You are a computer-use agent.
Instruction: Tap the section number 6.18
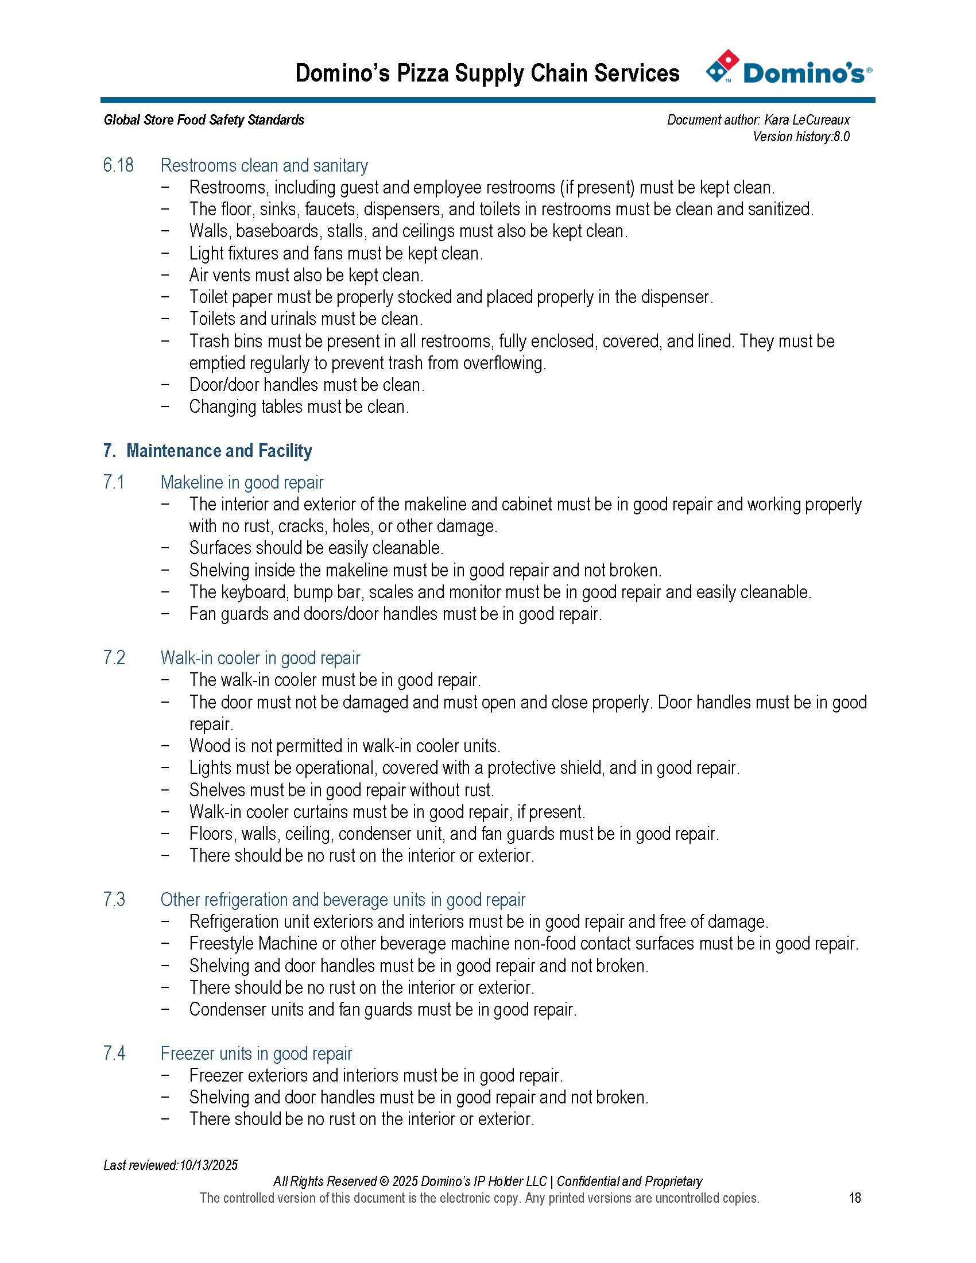coord(118,165)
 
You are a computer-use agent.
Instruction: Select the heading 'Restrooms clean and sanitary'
coord(264,165)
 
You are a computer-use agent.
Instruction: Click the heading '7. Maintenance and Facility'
coord(208,451)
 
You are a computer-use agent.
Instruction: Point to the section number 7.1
coord(114,482)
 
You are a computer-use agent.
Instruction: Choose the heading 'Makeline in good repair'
coord(242,482)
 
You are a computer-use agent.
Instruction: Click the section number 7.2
coord(114,657)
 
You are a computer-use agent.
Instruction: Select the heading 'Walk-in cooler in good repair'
coord(260,657)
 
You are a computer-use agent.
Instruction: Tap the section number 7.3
coord(114,899)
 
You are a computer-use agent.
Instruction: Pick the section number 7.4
coord(114,1053)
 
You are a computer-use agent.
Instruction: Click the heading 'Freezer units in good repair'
coord(256,1053)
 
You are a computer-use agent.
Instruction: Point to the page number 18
coord(855,1198)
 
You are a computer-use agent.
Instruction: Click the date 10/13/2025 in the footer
coord(209,1165)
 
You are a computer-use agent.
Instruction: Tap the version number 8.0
coord(841,137)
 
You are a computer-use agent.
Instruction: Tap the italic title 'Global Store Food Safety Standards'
coord(204,120)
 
